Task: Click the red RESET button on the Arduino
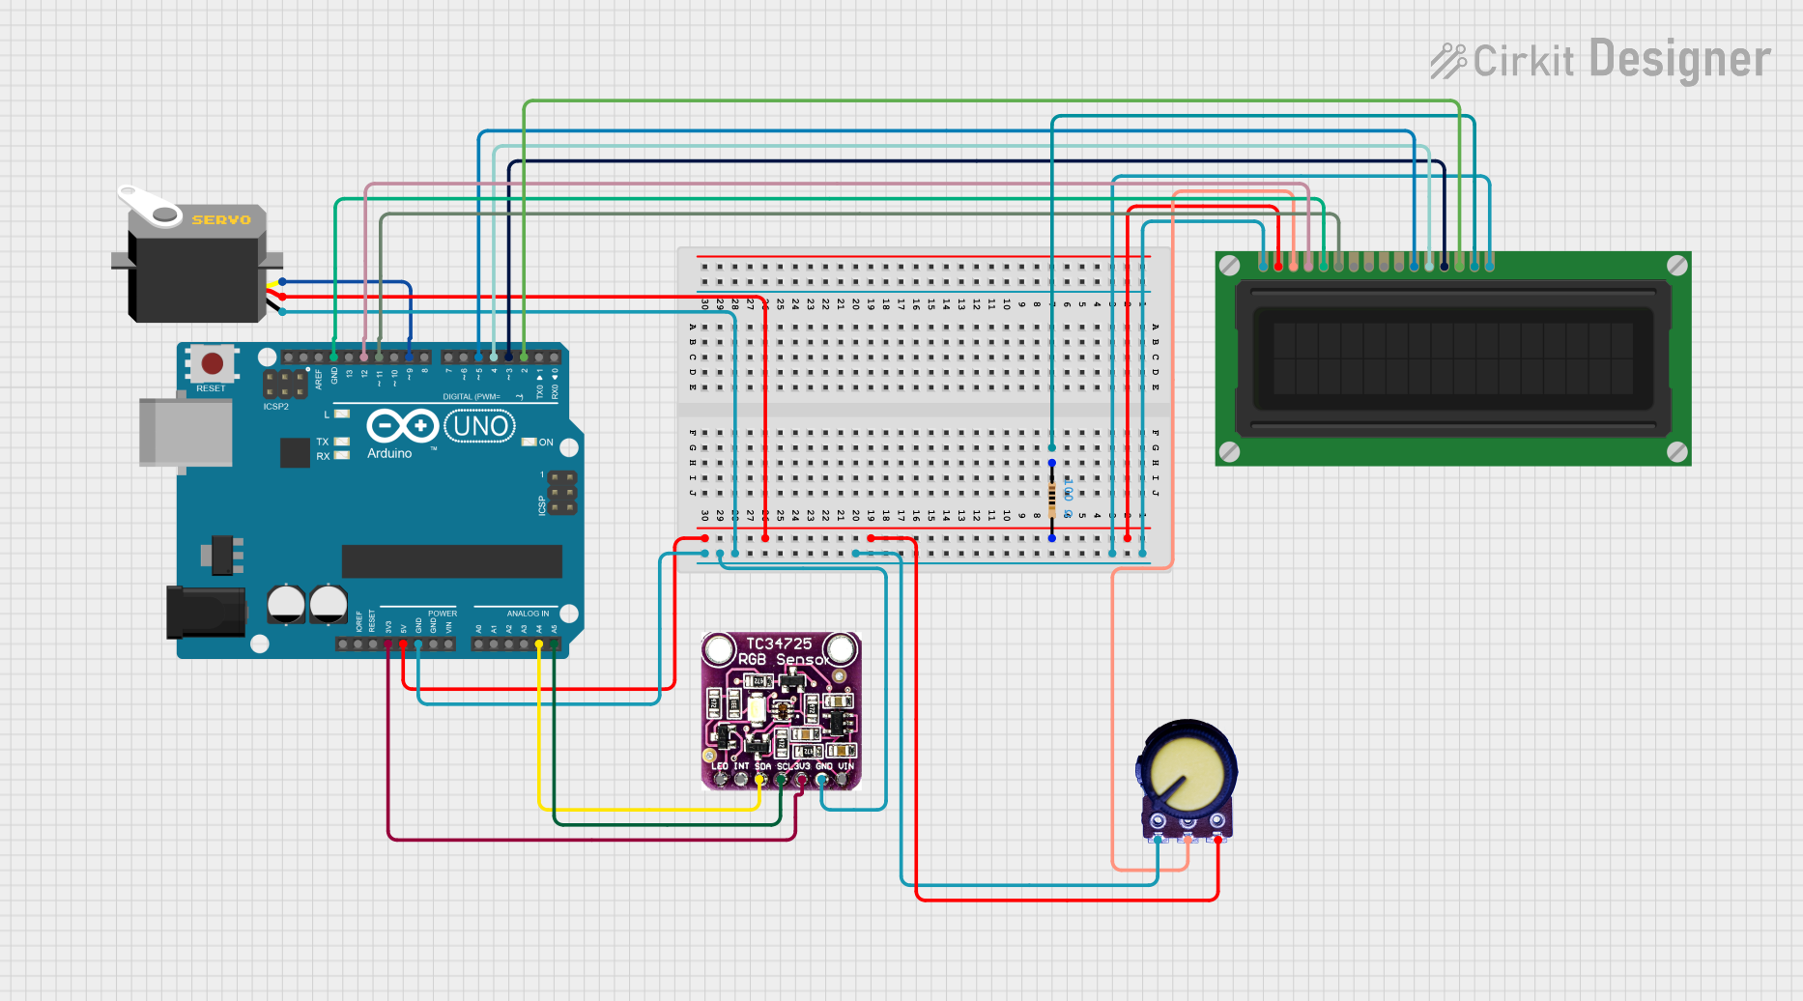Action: (x=213, y=364)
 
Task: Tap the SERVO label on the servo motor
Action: (x=220, y=220)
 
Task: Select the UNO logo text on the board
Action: (x=480, y=426)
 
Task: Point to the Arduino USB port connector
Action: (x=186, y=432)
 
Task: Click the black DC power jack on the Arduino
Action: (x=205, y=611)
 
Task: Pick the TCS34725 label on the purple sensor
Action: (x=779, y=643)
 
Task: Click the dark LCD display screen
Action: (x=1452, y=358)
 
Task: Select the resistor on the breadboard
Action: (x=1052, y=500)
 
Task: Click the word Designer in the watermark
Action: (x=1679, y=60)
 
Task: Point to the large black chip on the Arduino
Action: (x=451, y=561)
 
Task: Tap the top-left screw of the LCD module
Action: (x=1229, y=266)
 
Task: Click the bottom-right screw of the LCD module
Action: (x=1677, y=451)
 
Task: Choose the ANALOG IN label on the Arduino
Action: (x=528, y=614)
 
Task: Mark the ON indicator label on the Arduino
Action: (x=546, y=443)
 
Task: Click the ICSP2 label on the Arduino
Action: (x=276, y=407)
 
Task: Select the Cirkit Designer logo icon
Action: (x=1448, y=61)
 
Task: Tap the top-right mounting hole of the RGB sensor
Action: (x=841, y=649)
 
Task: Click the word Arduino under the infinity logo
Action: (x=389, y=453)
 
